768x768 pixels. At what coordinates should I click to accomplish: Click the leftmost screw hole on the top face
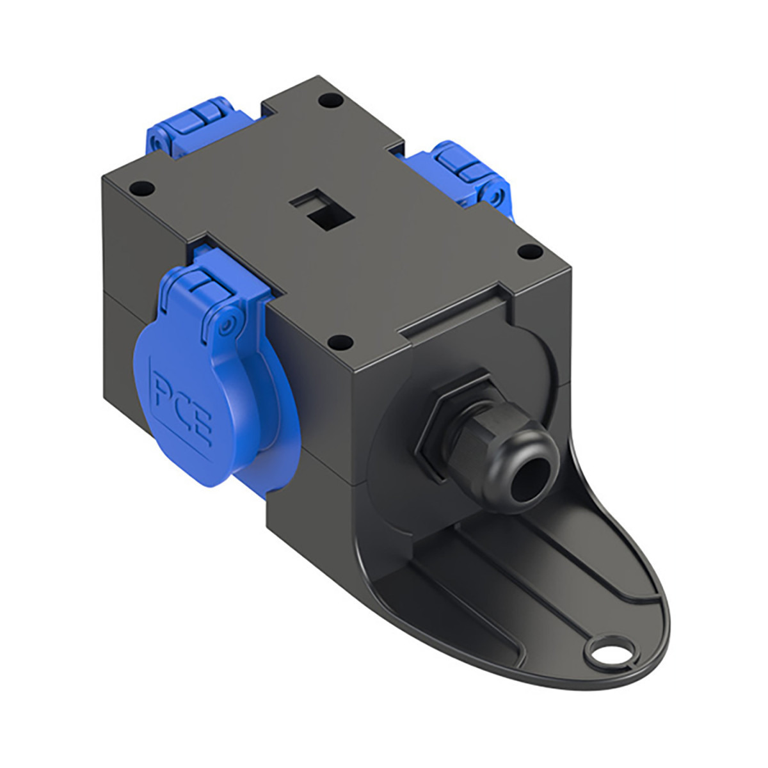pyautogui.click(x=140, y=189)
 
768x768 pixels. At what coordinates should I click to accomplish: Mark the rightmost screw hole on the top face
pyautogui.click(x=528, y=253)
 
